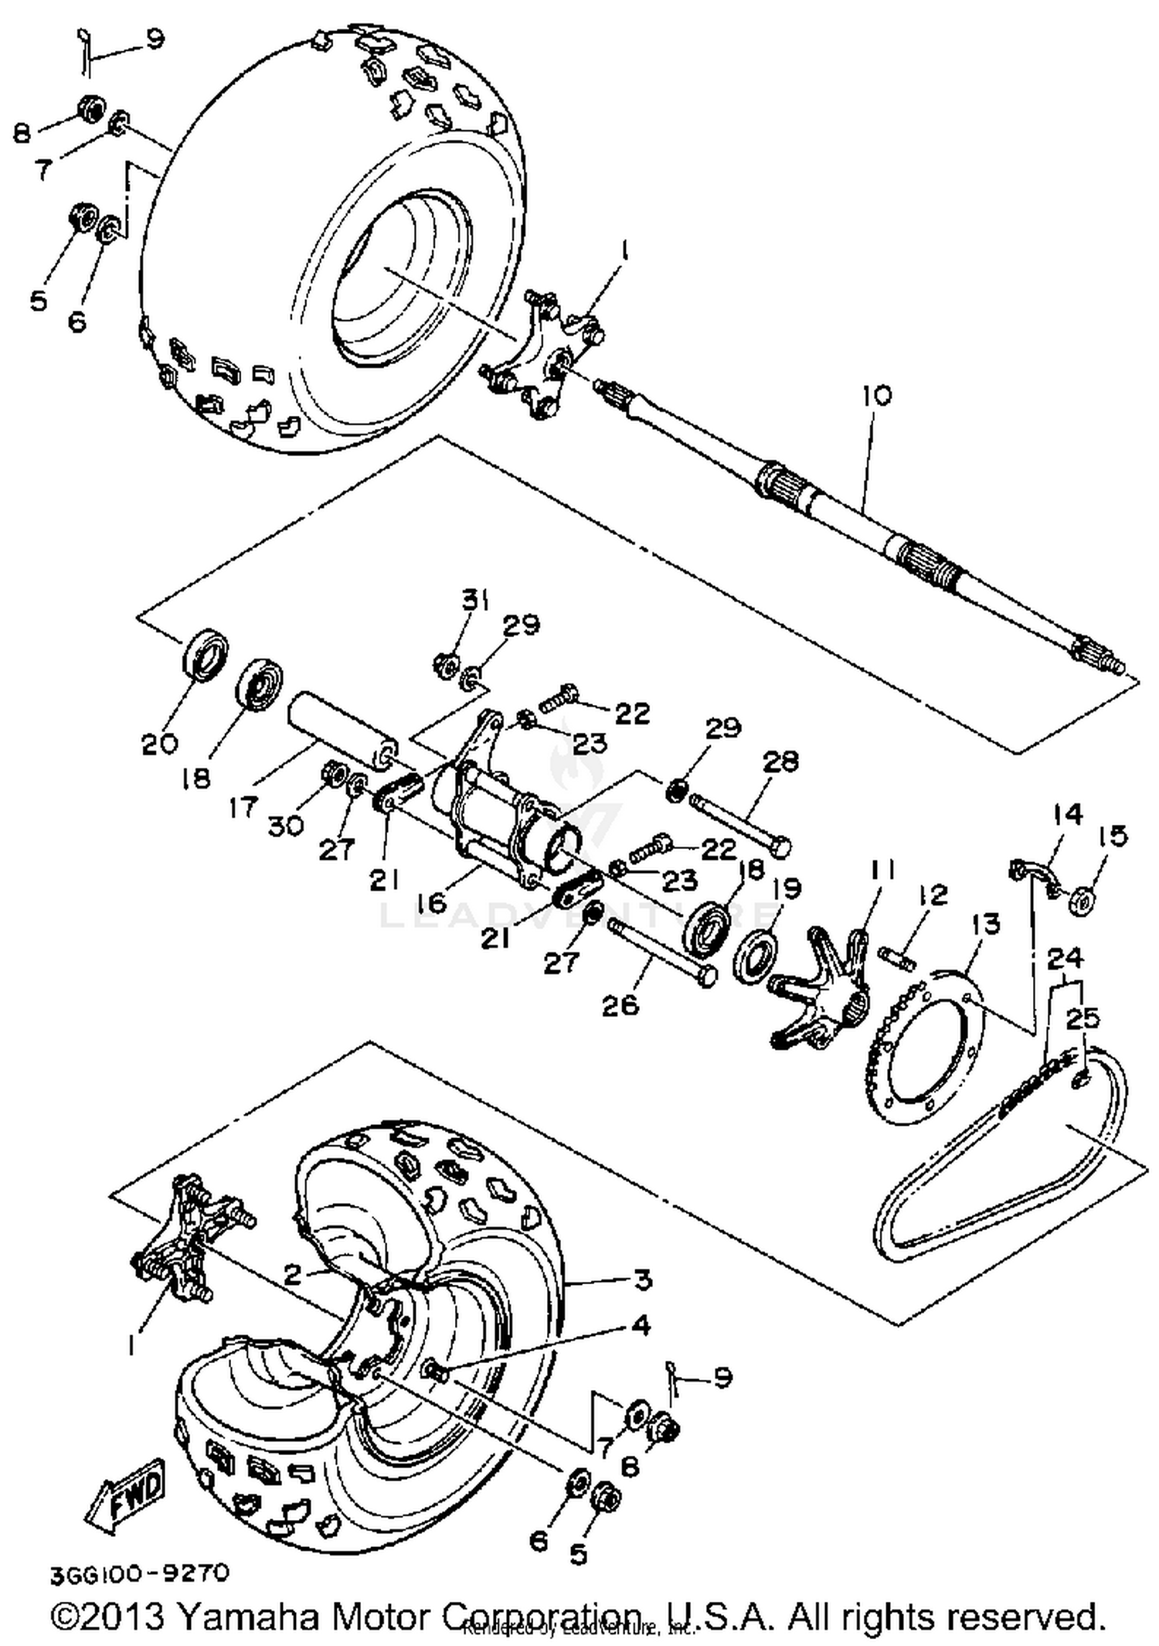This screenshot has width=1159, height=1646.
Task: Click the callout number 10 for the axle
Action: [x=878, y=396]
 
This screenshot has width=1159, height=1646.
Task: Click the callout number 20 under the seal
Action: [x=160, y=744]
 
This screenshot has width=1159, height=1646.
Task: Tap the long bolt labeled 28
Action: [x=738, y=823]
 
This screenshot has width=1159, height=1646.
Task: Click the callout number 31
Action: [x=476, y=599]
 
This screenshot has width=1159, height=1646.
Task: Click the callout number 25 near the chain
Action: [x=1082, y=1018]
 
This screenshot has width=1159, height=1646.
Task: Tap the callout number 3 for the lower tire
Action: [x=643, y=1280]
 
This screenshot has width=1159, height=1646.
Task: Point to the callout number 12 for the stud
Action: [x=933, y=895]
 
